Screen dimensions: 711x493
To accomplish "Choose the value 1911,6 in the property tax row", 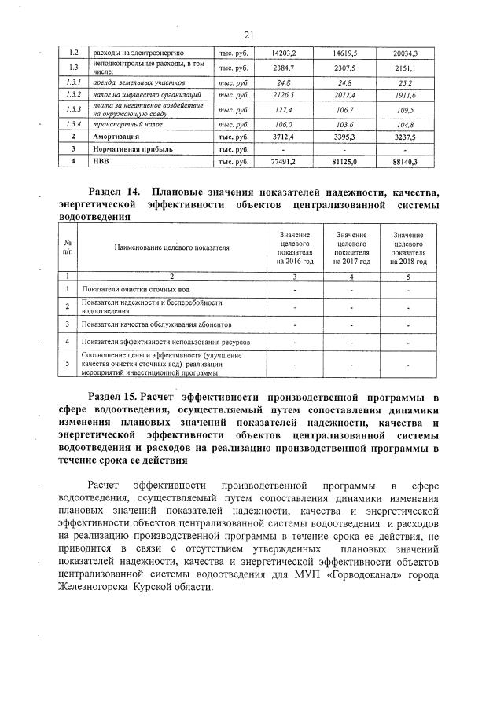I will (x=404, y=94).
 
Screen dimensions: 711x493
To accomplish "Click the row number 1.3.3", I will (x=74, y=109).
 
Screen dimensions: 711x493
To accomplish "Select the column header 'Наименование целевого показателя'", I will (x=171, y=247).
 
